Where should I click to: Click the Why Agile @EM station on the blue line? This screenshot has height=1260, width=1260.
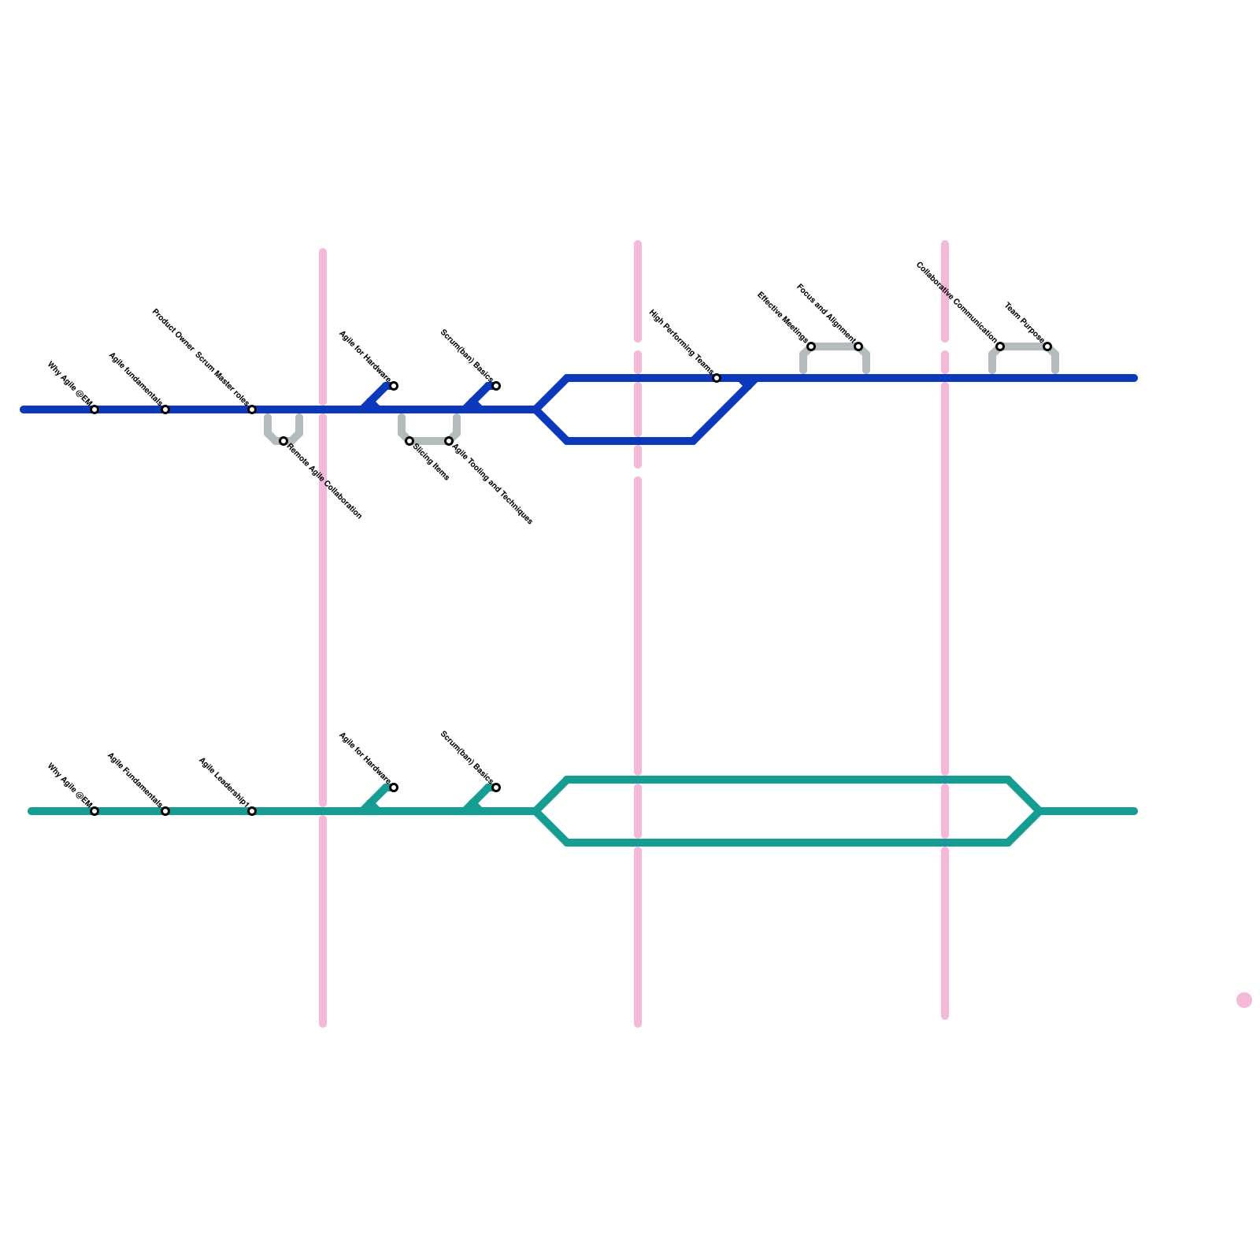pos(94,409)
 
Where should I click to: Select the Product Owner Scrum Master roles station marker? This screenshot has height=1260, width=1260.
pos(252,409)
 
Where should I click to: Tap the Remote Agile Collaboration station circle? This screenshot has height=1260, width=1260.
pos(283,441)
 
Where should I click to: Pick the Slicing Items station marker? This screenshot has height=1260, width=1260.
pos(409,441)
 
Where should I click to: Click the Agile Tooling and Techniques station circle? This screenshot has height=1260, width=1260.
pos(449,441)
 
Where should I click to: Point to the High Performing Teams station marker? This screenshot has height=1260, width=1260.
pos(717,379)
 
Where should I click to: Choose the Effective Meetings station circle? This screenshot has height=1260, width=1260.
pos(811,346)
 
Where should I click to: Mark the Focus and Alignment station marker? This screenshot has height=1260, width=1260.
pos(858,346)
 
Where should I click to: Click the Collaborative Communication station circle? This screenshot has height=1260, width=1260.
pos(1000,346)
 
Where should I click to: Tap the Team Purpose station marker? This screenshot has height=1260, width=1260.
pos(1047,346)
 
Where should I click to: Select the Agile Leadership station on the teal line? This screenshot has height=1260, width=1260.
pos(252,811)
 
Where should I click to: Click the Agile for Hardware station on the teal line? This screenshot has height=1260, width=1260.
pos(394,787)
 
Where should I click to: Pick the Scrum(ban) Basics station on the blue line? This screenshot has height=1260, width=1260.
pos(496,386)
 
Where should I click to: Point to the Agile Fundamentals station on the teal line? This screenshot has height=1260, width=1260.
pos(165,811)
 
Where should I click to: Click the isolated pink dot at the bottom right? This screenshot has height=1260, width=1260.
pos(1244,1000)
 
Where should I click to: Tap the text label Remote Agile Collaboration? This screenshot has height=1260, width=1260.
pos(324,482)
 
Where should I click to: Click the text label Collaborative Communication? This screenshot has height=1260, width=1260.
pos(956,303)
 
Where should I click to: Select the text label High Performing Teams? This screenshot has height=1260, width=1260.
pos(681,343)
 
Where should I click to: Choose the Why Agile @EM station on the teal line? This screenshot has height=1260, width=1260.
pos(94,811)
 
